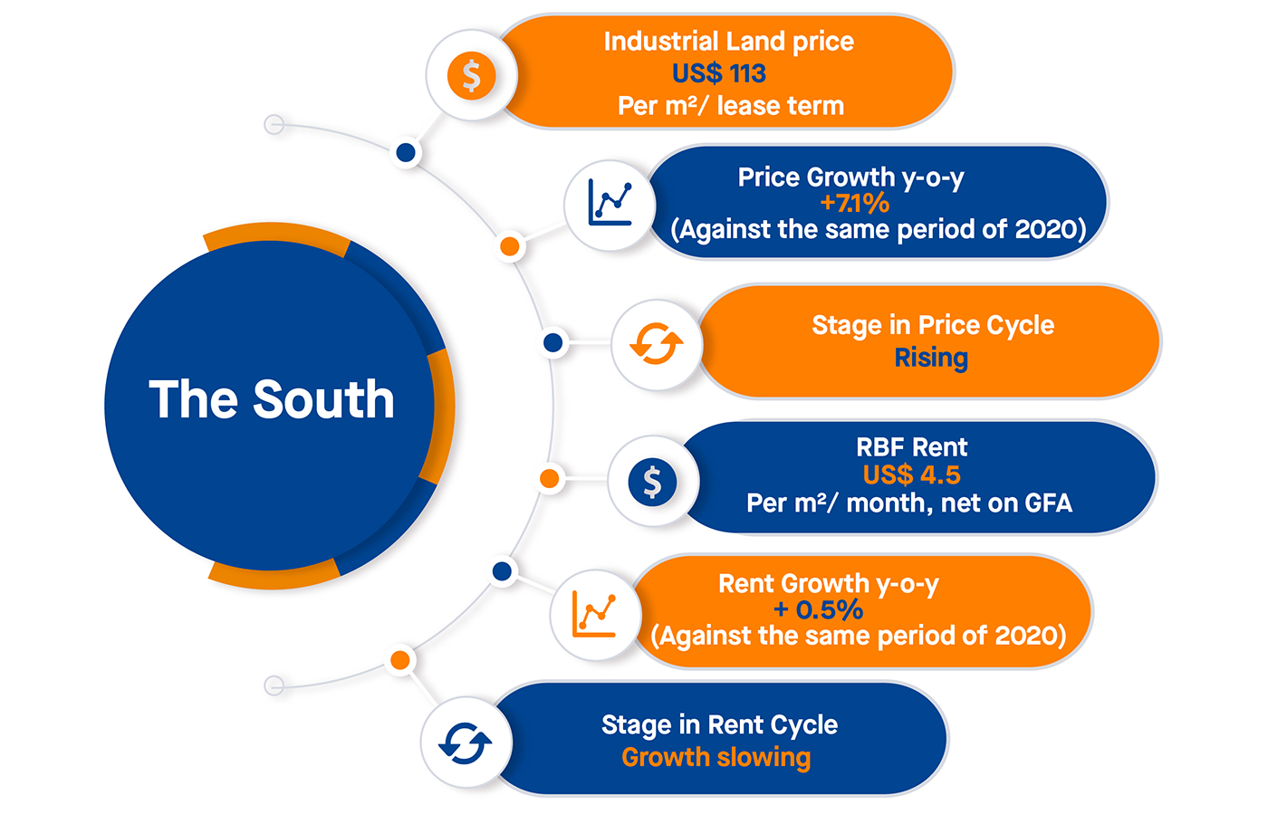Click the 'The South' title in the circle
pos(272,399)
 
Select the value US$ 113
pos(719,73)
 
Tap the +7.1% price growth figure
pos(854,203)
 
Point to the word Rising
pos(931,358)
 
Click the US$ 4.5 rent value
pos(911,474)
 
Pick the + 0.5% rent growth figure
pos(818,609)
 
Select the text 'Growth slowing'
pos(716,757)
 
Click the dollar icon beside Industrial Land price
pos(471,75)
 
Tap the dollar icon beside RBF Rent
pos(652,481)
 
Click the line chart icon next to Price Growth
pos(610,203)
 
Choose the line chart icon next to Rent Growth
pos(594,613)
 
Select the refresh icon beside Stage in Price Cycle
pos(657,344)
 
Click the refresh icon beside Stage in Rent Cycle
pos(466,743)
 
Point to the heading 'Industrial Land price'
pos(728,42)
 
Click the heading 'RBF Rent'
pos(911,447)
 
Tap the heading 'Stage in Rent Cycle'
pos(719,725)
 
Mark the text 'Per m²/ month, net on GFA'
pos(908,503)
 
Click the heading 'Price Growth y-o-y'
pos(850,177)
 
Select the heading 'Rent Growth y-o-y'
pos(828,584)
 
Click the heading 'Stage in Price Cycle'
pos(933,325)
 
